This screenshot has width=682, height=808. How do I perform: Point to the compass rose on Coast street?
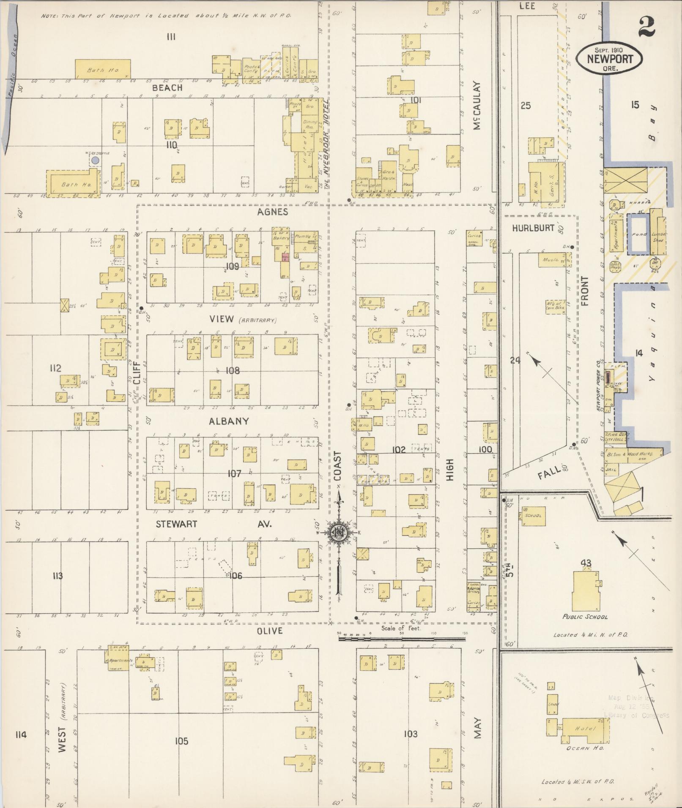click(x=339, y=533)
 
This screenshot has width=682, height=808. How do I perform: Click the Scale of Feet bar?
click(x=402, y=639)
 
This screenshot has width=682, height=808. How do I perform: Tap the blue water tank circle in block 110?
click(x=96, y=161)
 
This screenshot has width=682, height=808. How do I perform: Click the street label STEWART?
click(x=176, y=524)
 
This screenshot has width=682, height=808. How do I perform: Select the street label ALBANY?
click(x=229, y=421)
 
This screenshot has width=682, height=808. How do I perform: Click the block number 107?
click(x=234, y=473)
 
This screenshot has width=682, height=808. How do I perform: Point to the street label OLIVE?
click(x=270, y=631)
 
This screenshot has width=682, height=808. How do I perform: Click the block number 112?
click(x=55, y=368)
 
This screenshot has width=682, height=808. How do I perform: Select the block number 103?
click(x=410, y=734)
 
